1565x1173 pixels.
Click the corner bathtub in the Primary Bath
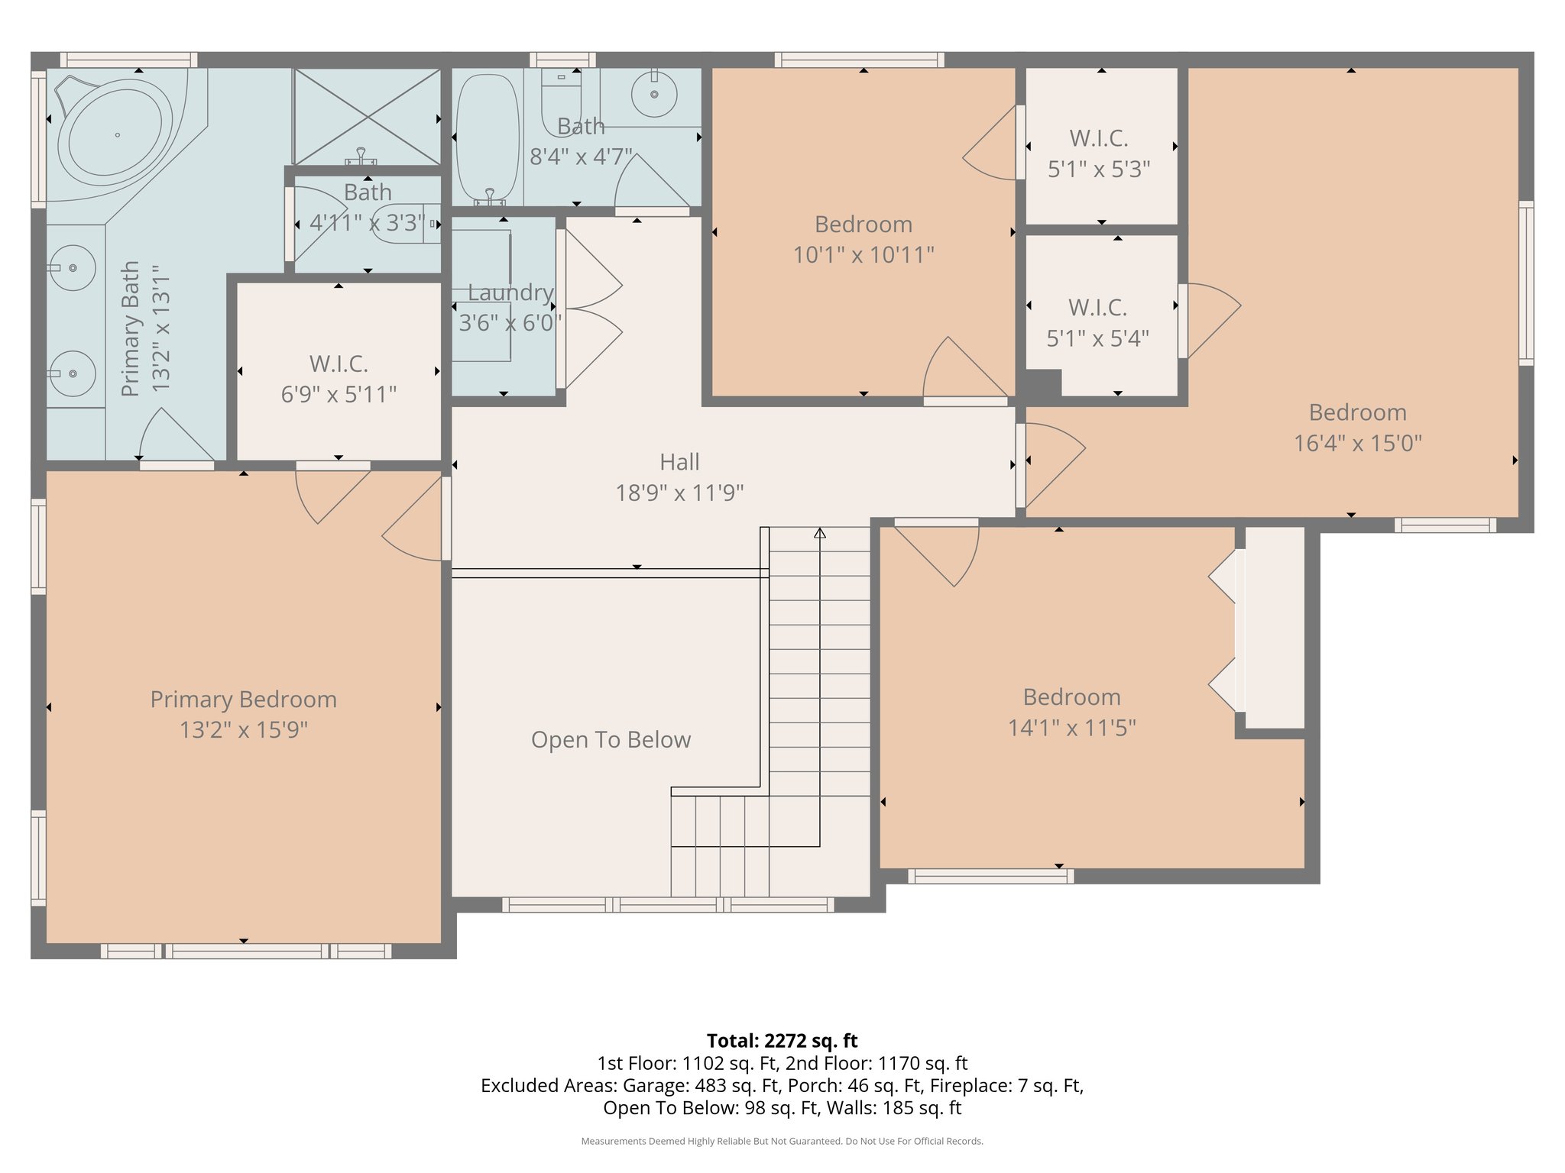[115, 134]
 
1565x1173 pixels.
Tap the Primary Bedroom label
[243, 700]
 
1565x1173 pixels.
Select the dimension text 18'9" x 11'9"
[679, 493]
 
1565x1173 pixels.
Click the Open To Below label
[611, 740]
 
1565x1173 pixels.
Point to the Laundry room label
[510, 292]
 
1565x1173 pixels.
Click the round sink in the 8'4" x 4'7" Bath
[654, 94]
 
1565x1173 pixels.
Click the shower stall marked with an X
[368, 116]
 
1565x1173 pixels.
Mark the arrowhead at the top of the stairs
[820, 533]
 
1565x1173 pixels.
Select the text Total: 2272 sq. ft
[782, 1041]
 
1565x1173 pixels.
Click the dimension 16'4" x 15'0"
[1357, 444]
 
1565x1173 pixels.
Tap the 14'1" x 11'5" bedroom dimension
[1071, 728]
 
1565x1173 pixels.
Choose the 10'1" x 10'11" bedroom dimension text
[864, 255]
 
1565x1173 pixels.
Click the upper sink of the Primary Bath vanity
[73, 268]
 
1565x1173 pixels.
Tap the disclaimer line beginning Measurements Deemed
[782, 1141]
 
